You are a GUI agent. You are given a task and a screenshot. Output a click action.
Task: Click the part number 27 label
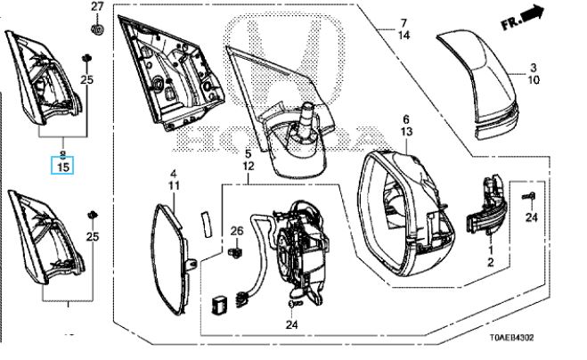97,6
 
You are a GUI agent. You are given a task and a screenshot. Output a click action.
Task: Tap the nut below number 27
97,29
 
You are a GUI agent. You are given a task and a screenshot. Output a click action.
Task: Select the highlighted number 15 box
62,167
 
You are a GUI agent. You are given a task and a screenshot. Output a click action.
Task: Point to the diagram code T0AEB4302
512,338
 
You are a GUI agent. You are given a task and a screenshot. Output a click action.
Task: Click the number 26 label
237,231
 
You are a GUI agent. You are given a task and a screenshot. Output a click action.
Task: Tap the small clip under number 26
234,252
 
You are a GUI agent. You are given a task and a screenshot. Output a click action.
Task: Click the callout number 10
534,80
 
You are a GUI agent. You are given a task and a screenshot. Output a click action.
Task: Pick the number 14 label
404,36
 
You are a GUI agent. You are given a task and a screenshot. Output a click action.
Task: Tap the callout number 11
174,186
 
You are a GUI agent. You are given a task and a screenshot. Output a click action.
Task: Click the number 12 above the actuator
249,166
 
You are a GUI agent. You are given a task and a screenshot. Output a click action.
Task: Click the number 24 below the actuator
291,324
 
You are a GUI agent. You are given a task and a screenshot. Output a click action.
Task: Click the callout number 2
491,263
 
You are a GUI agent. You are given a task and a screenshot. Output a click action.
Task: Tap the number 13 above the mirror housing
406,132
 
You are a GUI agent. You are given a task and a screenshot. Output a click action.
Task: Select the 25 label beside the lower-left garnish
93,236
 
